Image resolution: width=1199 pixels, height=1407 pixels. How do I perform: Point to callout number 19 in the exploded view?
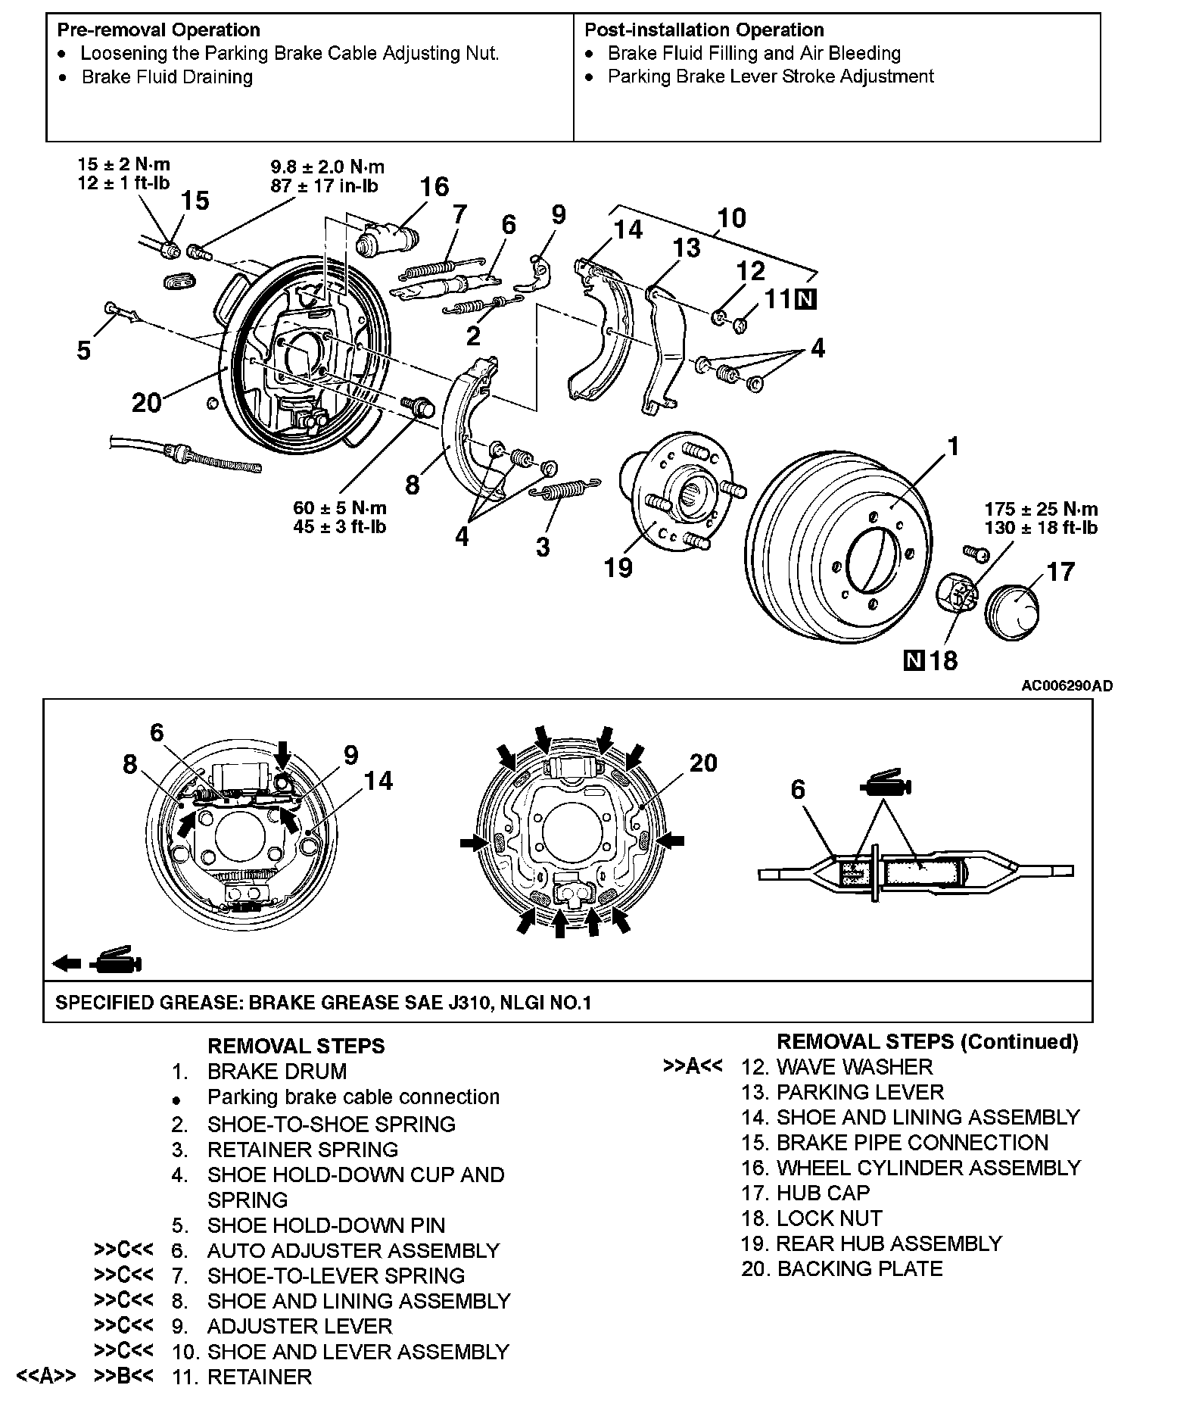tap(618, 567)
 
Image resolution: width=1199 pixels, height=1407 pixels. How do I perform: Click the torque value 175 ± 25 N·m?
tap(1041, 509)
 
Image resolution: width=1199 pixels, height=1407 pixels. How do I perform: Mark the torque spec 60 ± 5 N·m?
tap(340, 507)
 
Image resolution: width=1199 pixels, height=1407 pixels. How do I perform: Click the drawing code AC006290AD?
tap(1067, 686)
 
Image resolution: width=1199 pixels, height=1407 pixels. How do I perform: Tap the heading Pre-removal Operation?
tap(158, 30)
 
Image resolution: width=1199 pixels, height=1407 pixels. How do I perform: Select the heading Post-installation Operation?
tap(704, 30)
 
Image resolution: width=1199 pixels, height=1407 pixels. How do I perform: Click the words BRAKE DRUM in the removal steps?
tap(277, 1072)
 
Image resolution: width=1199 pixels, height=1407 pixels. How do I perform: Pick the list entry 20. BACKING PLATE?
tap(842, 1268)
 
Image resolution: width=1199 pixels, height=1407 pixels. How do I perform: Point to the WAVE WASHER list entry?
tap(855, 1067)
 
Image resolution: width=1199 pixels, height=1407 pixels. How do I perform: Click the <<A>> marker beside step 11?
tap(46, 1376)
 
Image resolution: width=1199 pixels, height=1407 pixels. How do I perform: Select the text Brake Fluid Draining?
tap(167, 77)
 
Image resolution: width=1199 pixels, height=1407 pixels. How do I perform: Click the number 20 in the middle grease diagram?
tap(702, 763)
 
